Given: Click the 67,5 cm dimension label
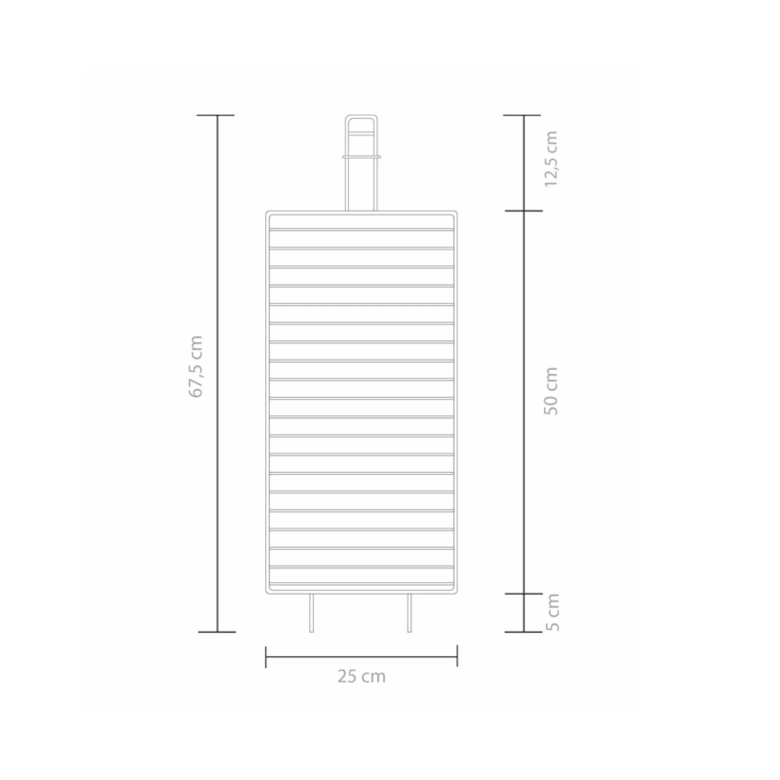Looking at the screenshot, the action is [x=196, y=367].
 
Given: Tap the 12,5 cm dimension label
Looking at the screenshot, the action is [x=551, y=159].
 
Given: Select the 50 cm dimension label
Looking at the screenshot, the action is [x=551, y=391].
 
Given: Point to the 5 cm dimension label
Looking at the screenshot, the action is [x=552, y=612].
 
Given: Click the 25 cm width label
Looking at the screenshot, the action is [x=362, y=677].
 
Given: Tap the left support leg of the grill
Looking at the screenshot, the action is [x=311, y=613].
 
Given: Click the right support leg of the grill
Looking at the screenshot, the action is [x=409, y=613].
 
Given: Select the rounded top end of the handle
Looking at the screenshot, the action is [x=362, y=116].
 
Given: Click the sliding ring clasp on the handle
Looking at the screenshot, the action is [x=362, y=157].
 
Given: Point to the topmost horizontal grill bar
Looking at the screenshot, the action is [x=362, y=229].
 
